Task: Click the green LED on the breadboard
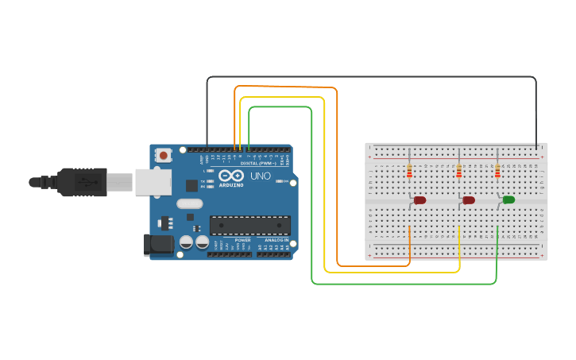coord(508,199)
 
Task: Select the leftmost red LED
coord(419,200)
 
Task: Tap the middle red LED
coord(469,200)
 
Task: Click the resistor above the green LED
coord(497,171)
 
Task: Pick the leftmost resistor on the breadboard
coord(409,171)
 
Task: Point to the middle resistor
coord(458,171)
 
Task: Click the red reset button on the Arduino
coord(163,155)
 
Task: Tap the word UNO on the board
coord(261,176)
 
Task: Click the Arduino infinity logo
coord(231,176)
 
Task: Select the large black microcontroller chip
coord(249,225)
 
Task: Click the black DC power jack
coord(158,244)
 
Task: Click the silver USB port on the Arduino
coord(153,182)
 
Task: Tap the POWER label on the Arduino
coord(243,240)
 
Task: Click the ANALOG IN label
coord(276,240)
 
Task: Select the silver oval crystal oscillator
coord(190,203)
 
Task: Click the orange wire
coord(338,175)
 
